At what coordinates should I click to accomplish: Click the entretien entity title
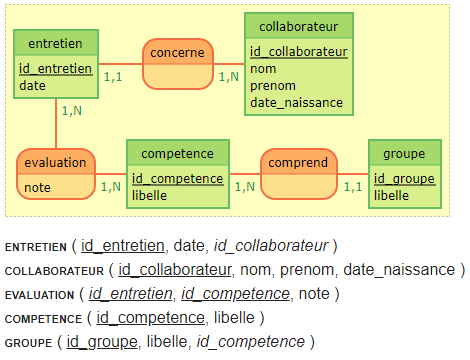pyautogui.click(x=56, y=42)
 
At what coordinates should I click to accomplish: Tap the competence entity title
pyautogui.click(x=178, y=154)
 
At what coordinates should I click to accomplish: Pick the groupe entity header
pyautogui.click(x=404, y=154)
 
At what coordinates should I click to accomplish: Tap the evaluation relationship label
pyautogui.click(x=56, y=161)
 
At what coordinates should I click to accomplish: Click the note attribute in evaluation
pyautogui.click(x=37, y=187)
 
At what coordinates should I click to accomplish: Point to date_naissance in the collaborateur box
pyautogui.click(x=296, y=102)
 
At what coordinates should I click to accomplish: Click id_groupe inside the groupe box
pyautogui.click(x=404, y=179)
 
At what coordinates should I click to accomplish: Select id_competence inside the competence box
pyautogui.click(x=177, y=179)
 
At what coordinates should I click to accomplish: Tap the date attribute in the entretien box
pyautogui.click(x=32, y=86)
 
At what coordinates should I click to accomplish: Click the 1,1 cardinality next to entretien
pyautogui.click(x=114, y=76)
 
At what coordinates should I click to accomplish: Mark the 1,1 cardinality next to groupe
pyautogui.click(x=352, y=185)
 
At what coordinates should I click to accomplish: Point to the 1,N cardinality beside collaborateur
pyautogui.click(x=230, y=76)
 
